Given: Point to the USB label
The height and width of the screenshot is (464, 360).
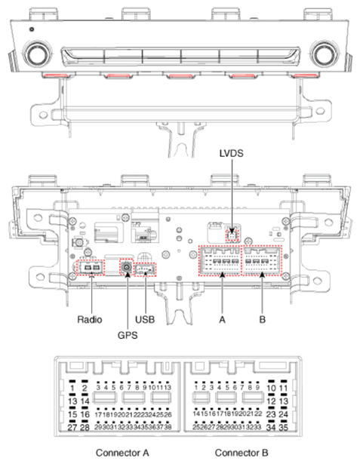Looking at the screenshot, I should point(146,319).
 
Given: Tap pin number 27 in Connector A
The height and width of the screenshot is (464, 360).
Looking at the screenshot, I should point(73,428).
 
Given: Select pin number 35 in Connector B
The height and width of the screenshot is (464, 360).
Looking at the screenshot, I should point(285,428).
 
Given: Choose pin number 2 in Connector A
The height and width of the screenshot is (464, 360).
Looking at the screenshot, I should point(85,388).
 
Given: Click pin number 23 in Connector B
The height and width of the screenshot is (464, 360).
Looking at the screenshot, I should point(272,414).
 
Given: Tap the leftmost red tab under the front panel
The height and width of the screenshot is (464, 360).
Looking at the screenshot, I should point(54,76).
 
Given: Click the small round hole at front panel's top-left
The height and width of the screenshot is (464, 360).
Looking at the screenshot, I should point(31,29).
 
